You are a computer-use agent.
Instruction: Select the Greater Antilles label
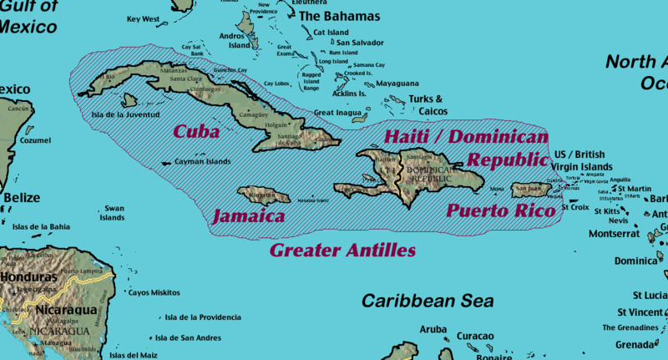pos(342,249)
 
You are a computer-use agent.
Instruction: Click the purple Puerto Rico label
pos(501,210)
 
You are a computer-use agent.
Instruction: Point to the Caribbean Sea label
pos(428,301)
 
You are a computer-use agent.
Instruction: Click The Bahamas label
pos(339,16)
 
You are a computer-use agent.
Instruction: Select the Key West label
pos(144,18)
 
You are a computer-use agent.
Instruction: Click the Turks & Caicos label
pos(427,104)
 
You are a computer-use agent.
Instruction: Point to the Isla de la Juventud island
pos(129,100)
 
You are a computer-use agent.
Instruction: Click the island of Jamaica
pos(263,196)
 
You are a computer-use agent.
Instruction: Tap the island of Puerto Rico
pos(529,191)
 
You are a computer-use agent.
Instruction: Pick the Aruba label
pos(433,329)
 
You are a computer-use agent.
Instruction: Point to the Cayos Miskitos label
pos(153,292)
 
